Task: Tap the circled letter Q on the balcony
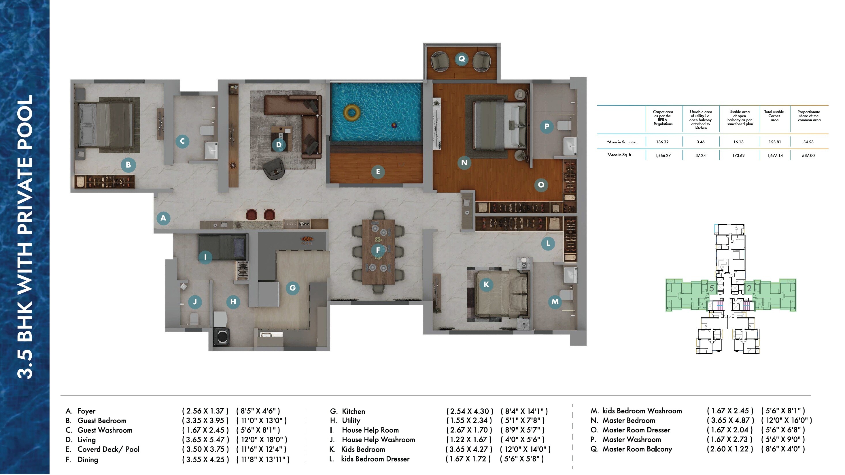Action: (462, 59)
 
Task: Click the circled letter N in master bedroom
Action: (464, 163)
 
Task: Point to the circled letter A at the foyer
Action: (163, 218)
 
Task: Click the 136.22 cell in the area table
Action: (662, 142)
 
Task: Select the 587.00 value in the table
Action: (808, 155)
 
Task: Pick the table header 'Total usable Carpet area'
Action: (774, 116)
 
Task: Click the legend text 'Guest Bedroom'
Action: (102, 421)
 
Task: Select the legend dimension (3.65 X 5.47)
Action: (205, 440)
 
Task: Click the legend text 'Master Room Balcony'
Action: (637, 449)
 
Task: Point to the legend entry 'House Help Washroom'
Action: (378, 440)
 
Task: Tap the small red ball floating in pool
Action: (394, 125)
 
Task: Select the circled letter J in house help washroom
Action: (195, 302)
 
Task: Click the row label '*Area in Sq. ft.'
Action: (619, 155)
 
